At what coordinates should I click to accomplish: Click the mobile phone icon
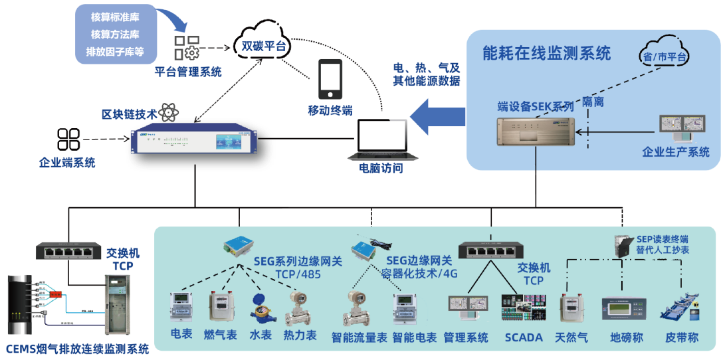[330, 79]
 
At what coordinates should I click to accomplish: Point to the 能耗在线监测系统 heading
[546, 53]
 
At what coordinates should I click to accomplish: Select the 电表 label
[181, 333]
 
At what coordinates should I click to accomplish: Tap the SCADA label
[524, 337]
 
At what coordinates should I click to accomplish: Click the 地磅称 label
[626, 337]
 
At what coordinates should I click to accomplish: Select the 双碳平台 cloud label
[263, 46]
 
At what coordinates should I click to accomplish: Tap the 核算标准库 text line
[114, 16]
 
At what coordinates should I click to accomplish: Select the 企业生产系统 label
[675, 151]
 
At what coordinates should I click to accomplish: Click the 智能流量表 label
[359, 337]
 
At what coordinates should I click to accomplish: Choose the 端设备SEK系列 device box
[536, 131]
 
